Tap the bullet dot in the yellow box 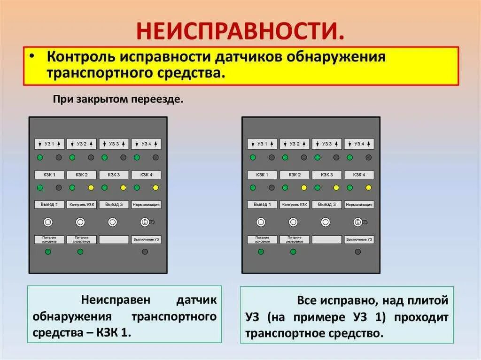point(31,55)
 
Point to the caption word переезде point(163,100)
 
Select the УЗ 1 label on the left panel point(49,144)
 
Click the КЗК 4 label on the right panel point(359,175)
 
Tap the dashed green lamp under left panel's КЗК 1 point(40,188)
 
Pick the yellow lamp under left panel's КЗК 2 point(91,188)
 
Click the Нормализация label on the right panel point(359,205)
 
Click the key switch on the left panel point(145,222)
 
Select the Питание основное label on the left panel point(49,239)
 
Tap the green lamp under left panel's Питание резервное point(80,252)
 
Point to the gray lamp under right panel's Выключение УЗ point(358,252)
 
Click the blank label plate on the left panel point(114,239)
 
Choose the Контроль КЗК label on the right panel point(294,205)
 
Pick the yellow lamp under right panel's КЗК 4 point(368,188)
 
